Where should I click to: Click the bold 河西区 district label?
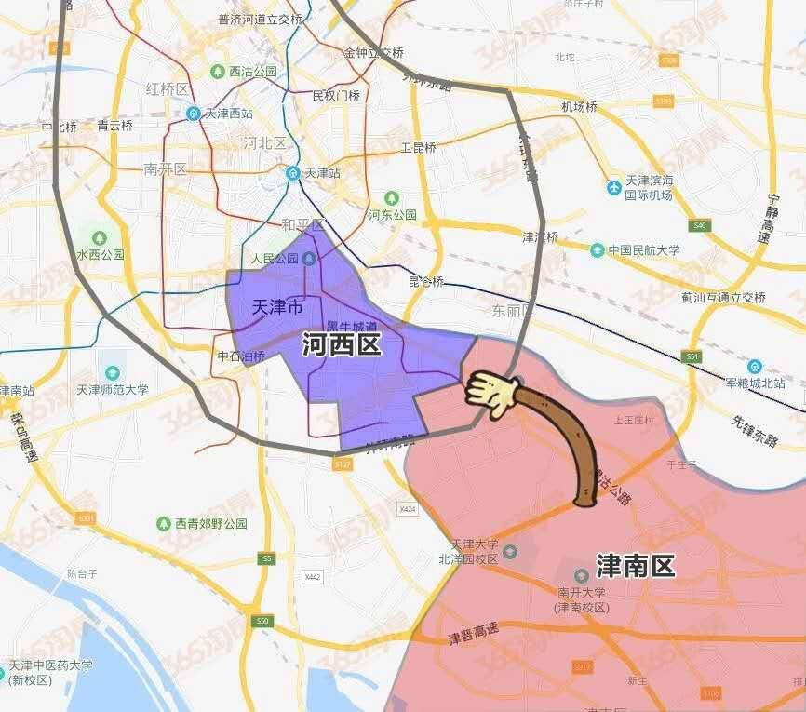[342, 346]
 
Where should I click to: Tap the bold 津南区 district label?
[636, 565]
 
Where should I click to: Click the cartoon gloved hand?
[491, 394]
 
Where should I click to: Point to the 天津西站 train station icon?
[194, 114]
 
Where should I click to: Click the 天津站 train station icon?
[292, 173]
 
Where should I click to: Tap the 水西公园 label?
[100, 254]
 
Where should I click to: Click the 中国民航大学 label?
[644, 249]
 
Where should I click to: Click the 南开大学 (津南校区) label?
[582, 599]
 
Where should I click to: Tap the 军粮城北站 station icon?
[754, 367]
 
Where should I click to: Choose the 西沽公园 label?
[253, 72]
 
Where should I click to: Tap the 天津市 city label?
[277, 306]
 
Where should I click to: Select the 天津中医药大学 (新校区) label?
[51, 673]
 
